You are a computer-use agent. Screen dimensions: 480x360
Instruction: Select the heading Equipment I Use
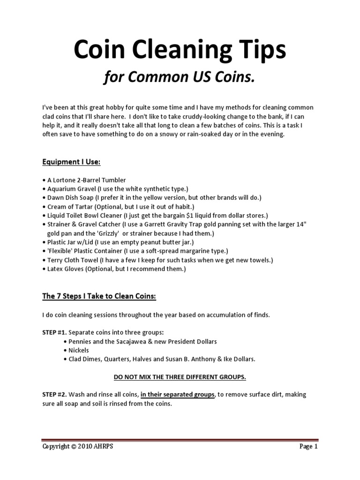pyautogui.click(x=72, y=162)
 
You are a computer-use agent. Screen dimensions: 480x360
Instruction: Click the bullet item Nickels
pyautogui.click(x=78, y=350)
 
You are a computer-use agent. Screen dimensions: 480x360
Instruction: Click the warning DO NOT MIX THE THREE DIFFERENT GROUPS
pyautogui.click(x=180, y=377)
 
